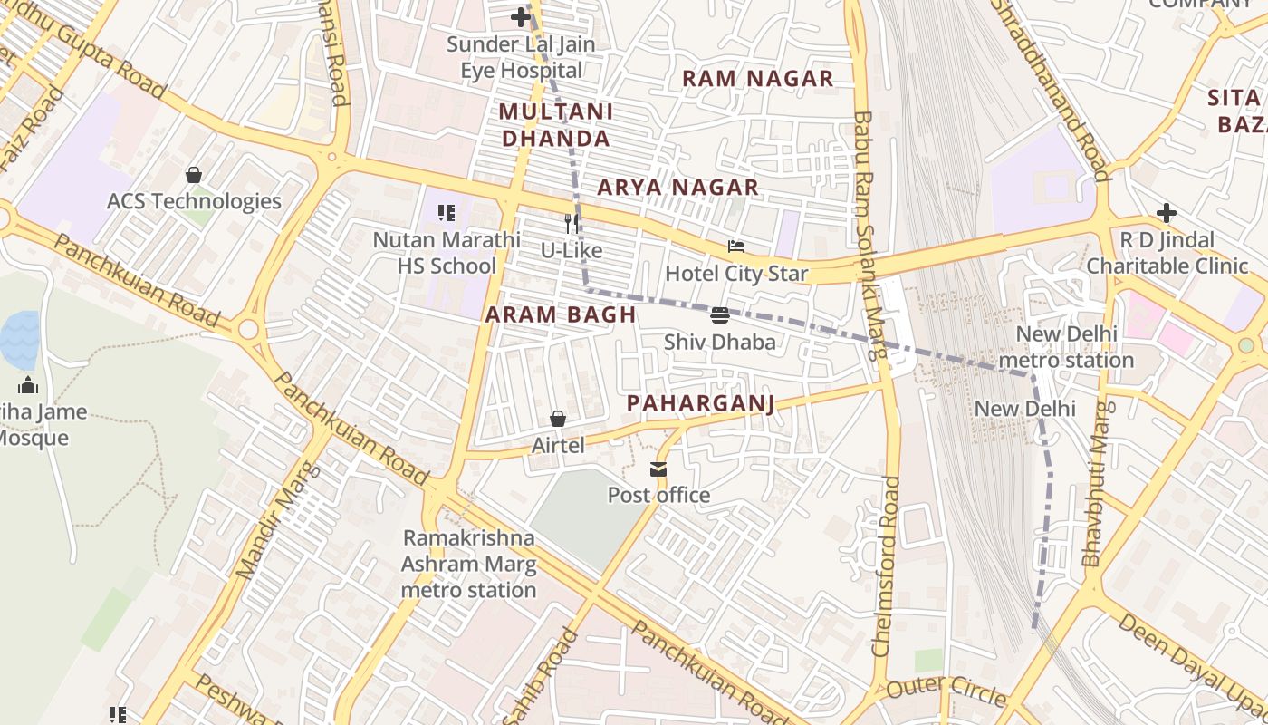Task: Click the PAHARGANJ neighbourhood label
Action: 701,403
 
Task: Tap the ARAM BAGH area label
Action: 560,314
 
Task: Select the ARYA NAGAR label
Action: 677,188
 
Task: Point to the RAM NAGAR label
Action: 757,79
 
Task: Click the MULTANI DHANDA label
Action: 555,125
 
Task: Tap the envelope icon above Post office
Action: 658,469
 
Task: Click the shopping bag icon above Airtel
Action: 558,419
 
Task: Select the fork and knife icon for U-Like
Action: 572,224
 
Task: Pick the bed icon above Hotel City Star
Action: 736,246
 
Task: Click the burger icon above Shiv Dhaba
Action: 720,315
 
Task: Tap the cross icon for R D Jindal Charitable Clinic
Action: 1167,213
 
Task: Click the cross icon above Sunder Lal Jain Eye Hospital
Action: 520,17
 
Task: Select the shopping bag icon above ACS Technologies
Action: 193,175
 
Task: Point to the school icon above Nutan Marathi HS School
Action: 446,213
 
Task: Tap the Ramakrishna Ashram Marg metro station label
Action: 469,564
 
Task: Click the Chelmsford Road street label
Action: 887,565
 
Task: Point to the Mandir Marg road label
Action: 278,521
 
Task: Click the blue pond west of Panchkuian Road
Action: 20,339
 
